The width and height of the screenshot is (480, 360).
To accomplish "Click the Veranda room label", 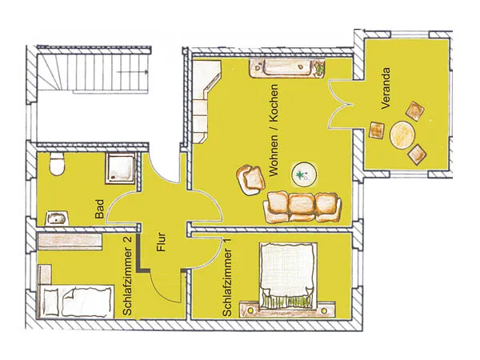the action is (x=386, y=88).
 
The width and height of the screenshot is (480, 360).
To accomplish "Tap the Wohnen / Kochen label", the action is (x=273, y=130).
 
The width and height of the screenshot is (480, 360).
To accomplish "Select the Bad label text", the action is (x=99, y=209).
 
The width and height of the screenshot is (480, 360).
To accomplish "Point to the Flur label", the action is (x=161, y=242).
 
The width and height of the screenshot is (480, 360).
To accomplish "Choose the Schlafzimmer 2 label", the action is (x=127, y=275).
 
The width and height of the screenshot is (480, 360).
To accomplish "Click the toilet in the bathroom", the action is (x=56, y=164).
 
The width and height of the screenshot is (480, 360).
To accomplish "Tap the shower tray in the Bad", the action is (x=120, y=168).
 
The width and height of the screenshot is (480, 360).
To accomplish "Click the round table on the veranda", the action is (x=402, y=135).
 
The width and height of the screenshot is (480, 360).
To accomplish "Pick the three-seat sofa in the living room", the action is (x=302, y=206).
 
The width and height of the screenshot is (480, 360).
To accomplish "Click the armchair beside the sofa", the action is (x=251, y=180).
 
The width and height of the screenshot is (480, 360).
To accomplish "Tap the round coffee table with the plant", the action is (x=304, y=174).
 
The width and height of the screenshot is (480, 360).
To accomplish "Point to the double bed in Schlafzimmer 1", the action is (x=288, y=275).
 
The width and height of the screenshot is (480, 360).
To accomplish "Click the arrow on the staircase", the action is (x=133, y=72).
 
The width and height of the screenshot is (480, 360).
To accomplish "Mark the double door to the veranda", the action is (x=341, y=105).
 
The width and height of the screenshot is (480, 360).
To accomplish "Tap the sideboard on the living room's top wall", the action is (x=287, y=68).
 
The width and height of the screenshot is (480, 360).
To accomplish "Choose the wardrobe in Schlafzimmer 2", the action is (x=70, y=242).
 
